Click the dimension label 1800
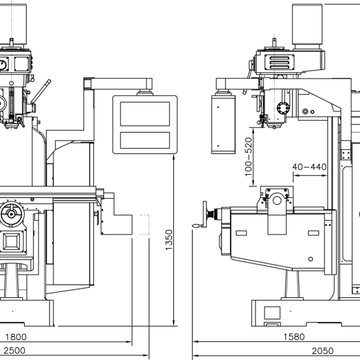coord(16,337)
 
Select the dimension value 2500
coord(14,351)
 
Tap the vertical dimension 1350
coord(169,240)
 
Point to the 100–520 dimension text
coord(249,157)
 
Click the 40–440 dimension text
coord(309,167)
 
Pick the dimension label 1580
coord(294,337)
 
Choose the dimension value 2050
coord(323,351)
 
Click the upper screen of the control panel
coord(145,114)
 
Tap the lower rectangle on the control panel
coord(145,140)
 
